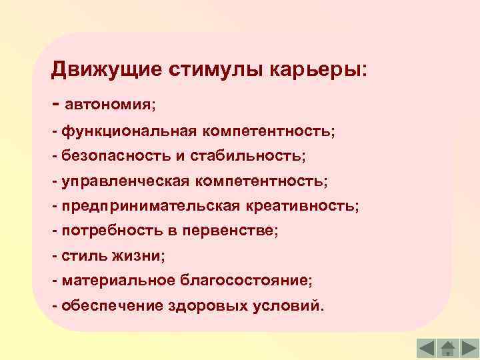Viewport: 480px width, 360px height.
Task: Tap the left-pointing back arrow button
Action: pyautogui.click(x=427, y=347)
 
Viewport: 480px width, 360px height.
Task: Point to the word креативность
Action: pyautogui.click(x=301, y=207)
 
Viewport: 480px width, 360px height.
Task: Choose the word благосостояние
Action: pyautogui.click(x=245, y=281)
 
